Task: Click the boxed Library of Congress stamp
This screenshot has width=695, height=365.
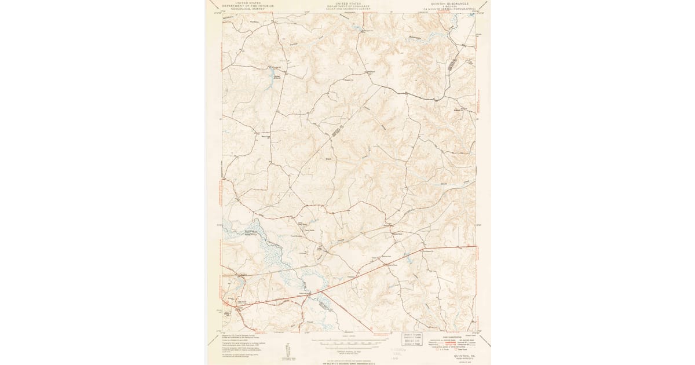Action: pos(416,337)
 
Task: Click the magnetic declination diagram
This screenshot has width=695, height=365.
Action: pos(288,349)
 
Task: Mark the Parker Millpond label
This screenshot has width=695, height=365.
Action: pos(276,77)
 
